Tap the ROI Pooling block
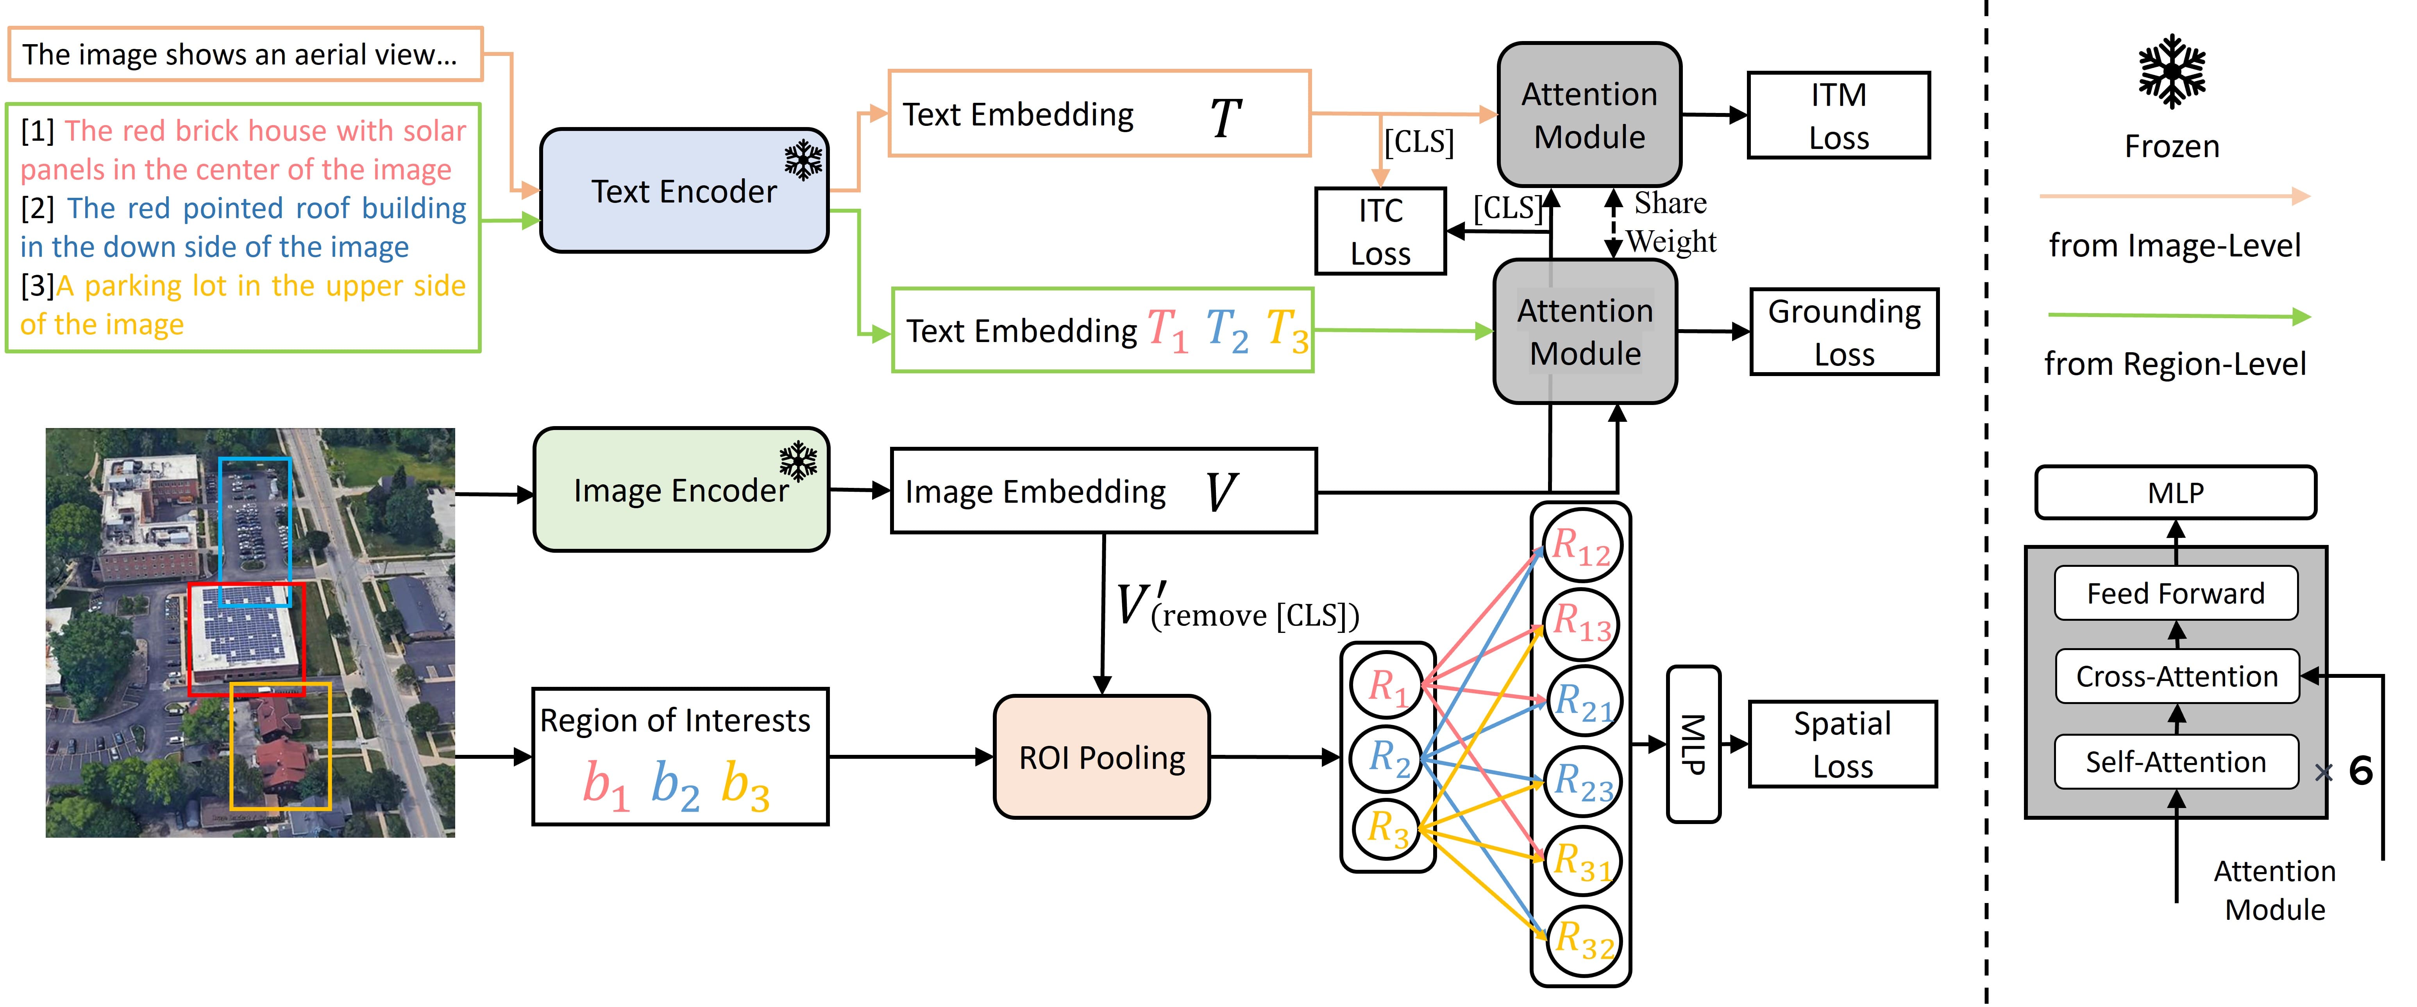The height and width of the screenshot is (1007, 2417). (1101, 756)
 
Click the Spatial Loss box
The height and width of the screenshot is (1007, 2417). (1842, 744)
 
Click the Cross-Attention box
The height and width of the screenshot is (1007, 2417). (2176, 676)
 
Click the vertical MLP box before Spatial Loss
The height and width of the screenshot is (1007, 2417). (1693, 744)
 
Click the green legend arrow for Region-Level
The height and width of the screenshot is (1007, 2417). (2177, 316)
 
